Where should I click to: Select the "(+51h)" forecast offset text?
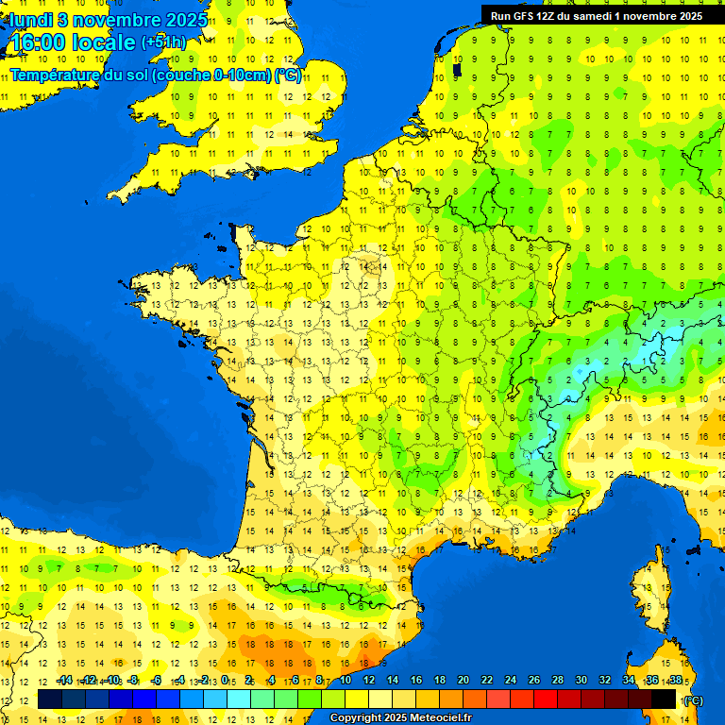click(164, 42)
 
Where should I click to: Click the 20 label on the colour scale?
click(464, 681)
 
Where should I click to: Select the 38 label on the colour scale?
click(675, 681)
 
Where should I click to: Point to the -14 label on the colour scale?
click(64, 681)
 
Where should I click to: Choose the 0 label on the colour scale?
click(224, 681)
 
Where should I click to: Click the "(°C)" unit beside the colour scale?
click(693, 700)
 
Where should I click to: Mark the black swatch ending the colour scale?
click(664, 699)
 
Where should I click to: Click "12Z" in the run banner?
click(552, 15)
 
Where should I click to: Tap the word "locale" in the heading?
click(106, 43)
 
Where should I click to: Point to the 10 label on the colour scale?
click(346, 681)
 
